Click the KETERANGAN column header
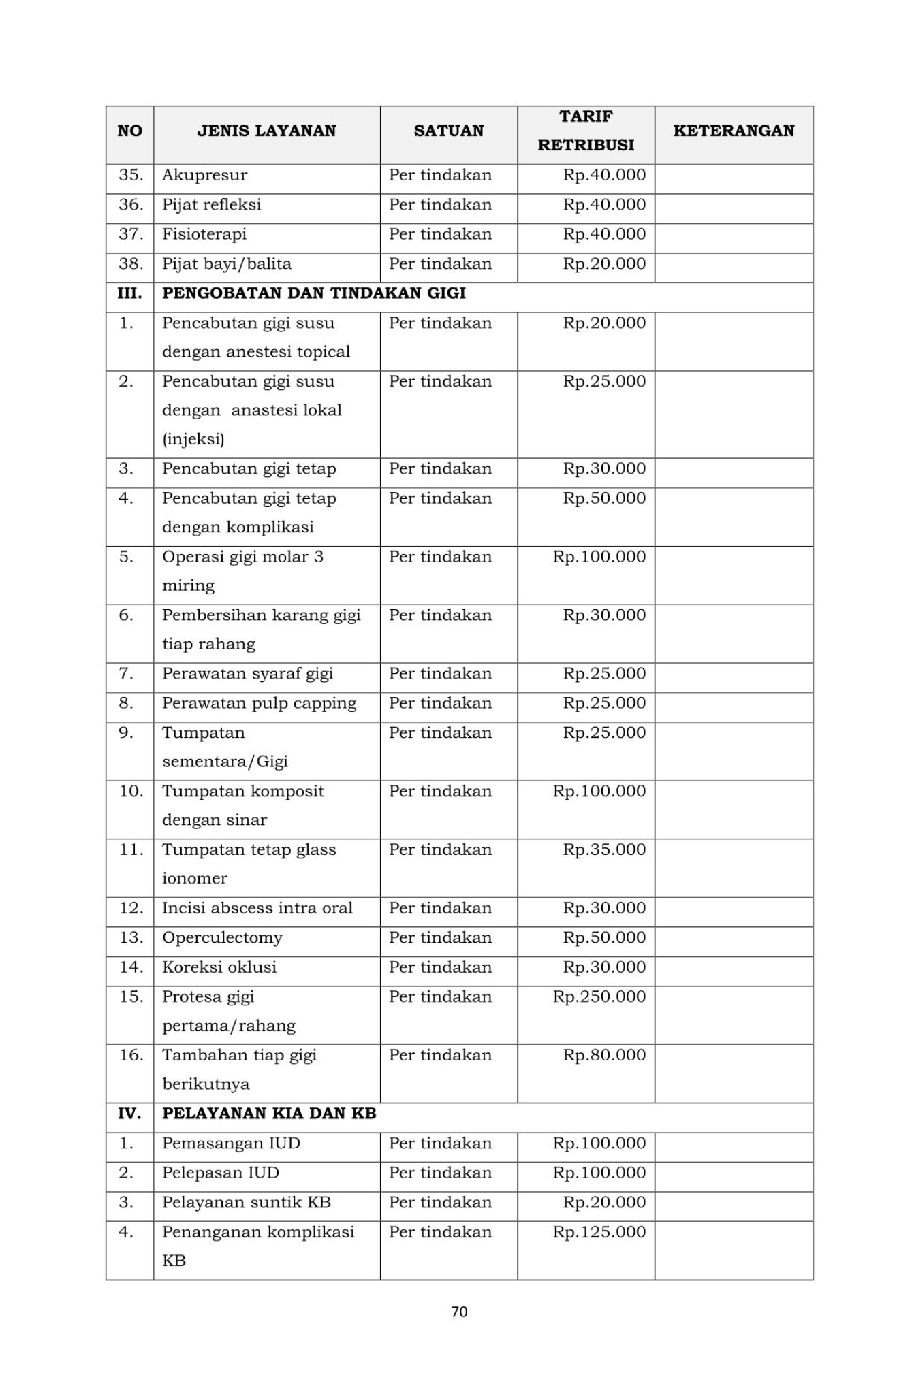[x=734, y=131]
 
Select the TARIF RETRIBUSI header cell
[x=586, y=131]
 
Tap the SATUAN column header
[x=448, y=131]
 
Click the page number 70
[x=459, y=1312]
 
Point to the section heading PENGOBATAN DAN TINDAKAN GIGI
[x=313, y=293]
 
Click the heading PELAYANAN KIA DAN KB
[x=269, y=1114]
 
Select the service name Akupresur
[x=204, y=175]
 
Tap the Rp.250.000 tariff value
[x=599, y=996]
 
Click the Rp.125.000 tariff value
[x=599, y=1231]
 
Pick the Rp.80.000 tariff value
[x=604, y=1055]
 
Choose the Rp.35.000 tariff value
[x=604, y=849]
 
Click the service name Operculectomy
[x=222, y=937]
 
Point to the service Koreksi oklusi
[x=219, y=967]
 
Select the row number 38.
[x=130, y=263]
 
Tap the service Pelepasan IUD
[x=221, y=1173]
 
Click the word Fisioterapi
[x=204, y=234]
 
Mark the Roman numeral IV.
[x=129, y=1114]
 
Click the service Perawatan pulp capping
[x=259, y=703]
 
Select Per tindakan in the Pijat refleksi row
[x=440, y=205]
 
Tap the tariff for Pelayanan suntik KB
[x=604, y=1202]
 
